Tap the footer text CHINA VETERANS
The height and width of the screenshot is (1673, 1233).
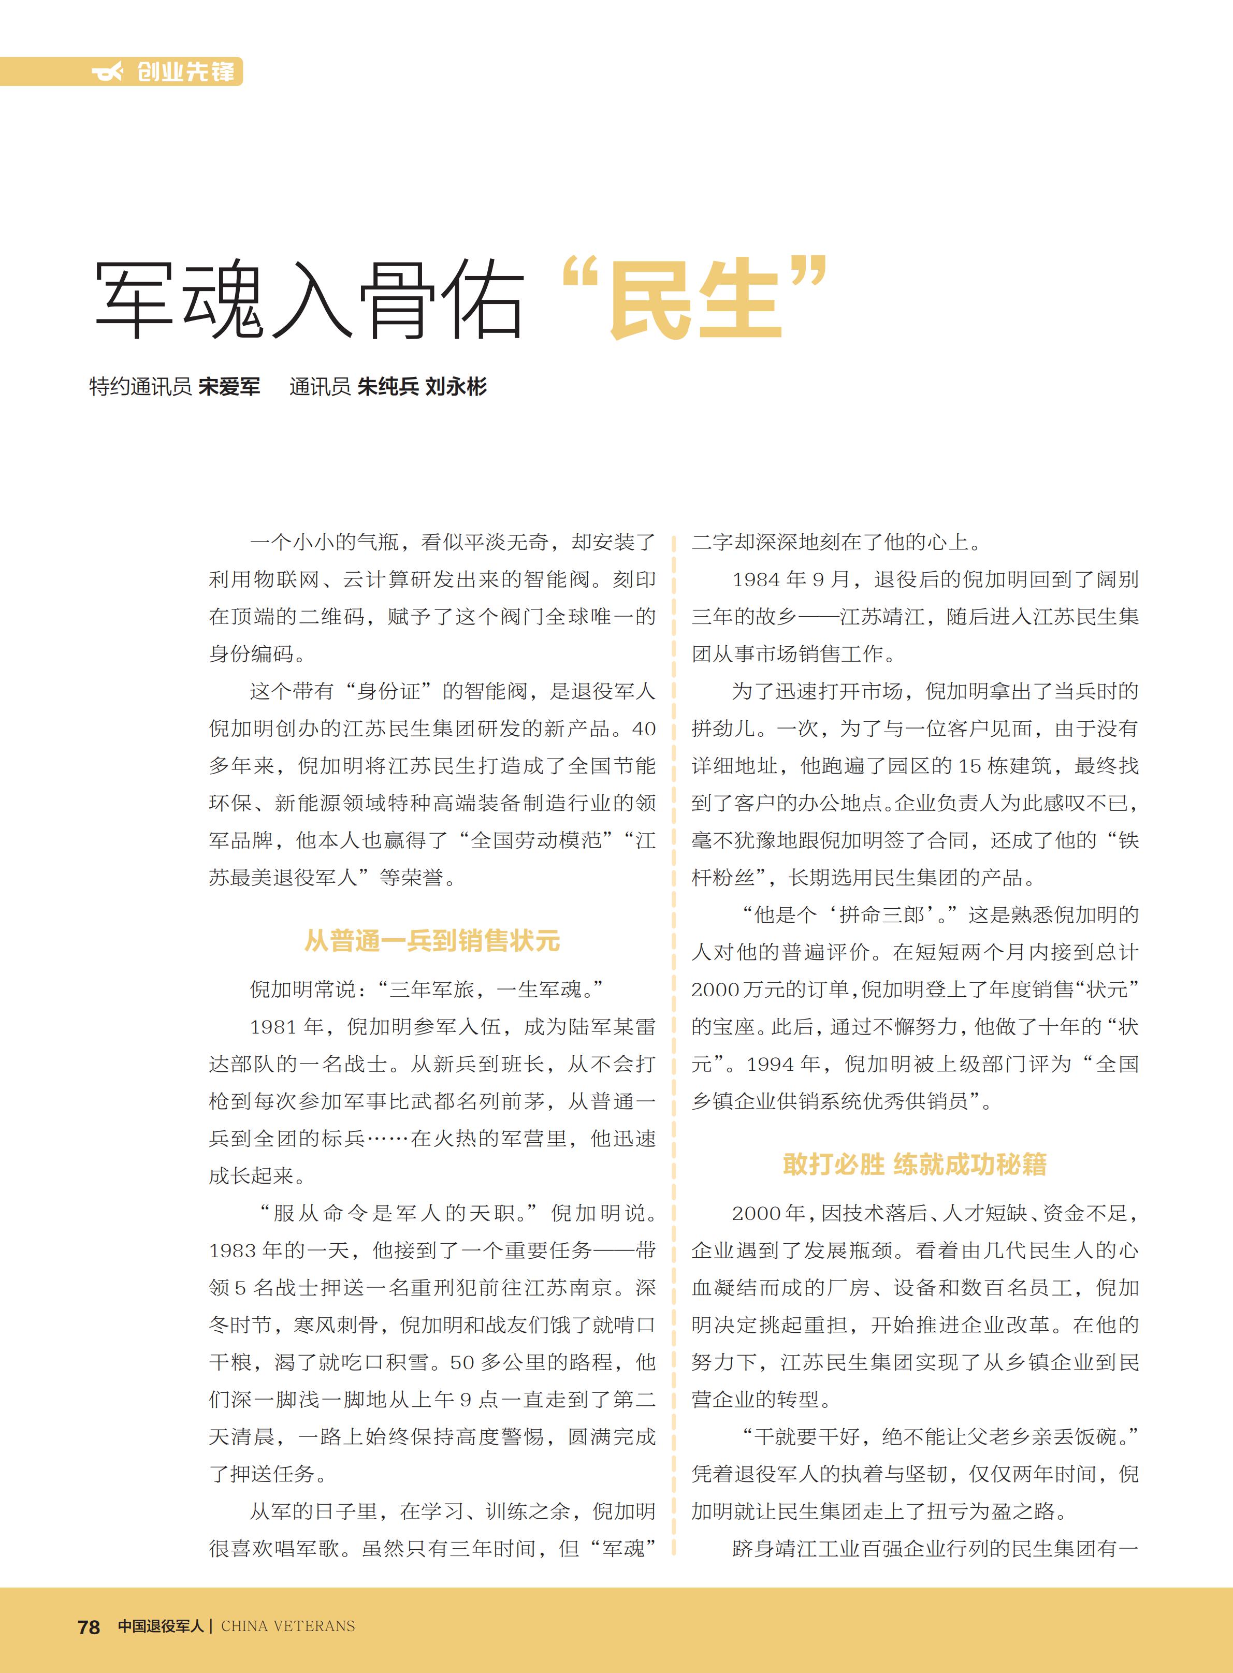288,1626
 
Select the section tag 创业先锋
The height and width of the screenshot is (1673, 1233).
186,71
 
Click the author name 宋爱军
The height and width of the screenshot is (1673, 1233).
229,387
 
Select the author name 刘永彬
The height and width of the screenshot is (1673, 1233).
456,387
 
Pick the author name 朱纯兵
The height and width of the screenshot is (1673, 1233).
388,387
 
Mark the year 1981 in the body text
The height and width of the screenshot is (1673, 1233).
274,1027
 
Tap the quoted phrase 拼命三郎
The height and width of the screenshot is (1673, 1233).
881,915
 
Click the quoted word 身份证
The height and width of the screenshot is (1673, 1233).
388,691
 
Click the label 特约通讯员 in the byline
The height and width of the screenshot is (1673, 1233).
140,387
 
